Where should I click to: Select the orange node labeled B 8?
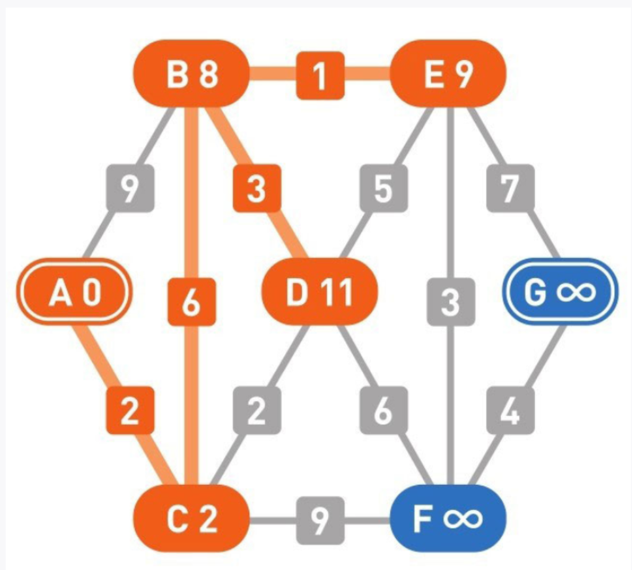191,76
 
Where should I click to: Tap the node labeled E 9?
448,76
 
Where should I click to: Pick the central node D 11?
320,292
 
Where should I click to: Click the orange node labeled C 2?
191,519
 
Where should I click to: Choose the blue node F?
448,519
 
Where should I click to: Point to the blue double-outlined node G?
559,292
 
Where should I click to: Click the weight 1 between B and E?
320,76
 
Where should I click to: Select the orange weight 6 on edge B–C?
191,303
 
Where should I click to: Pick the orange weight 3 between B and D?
256,191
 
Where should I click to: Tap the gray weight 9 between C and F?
320,519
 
